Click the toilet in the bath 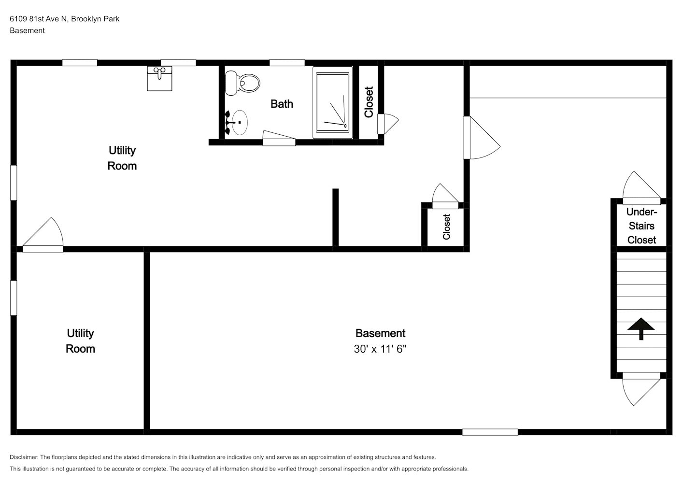[242, 83]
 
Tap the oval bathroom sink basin [240, 123]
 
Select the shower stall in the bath [332, 102]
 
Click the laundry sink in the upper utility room [159, 79]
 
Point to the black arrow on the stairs [641, 328]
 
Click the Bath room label [282, 104]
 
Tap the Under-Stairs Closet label [641, 226]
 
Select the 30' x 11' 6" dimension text [380, 349]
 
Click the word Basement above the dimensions [380, 333]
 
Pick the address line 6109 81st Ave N [38, 19]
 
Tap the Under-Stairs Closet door [641, 188]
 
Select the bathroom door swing [279, 138]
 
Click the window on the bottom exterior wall [490, 432]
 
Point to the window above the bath [287, 63]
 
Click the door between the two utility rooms [43, 235]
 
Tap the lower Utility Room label [80, 341]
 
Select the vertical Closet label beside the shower [369, 102]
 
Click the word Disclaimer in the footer [24, 457]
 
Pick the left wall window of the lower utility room [14, 298]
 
